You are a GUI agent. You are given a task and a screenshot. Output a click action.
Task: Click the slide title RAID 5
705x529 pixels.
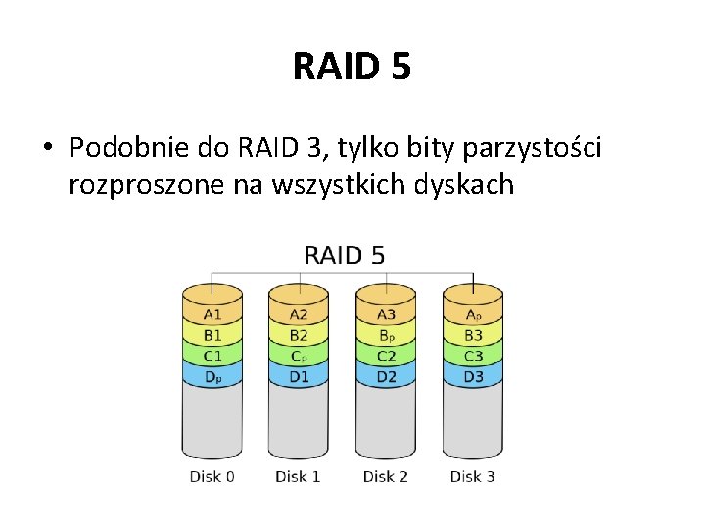pos(352,67)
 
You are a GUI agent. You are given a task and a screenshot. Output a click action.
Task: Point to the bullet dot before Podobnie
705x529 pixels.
pos(48,149)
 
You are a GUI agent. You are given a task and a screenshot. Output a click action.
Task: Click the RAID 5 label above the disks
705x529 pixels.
pos(345,256)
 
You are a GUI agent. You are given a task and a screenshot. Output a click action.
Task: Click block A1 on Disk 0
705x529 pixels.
pos(212,314)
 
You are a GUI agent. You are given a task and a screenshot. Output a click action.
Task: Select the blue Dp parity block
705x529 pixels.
pos(212,376)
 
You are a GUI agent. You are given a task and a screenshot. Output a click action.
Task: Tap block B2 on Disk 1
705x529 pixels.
pos(299,335)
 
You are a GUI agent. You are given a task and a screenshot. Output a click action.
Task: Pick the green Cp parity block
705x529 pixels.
pos(299,356)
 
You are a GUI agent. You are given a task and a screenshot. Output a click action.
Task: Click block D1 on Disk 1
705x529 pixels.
pos(299,376)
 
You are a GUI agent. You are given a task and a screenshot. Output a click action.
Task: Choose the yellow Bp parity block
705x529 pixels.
pos(386,335)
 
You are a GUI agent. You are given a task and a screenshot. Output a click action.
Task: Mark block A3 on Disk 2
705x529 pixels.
pos(386,314)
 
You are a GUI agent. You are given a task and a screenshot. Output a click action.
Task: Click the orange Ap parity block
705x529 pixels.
pos(473,314)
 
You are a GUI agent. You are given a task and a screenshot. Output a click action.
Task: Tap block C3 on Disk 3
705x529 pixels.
pos(473,356)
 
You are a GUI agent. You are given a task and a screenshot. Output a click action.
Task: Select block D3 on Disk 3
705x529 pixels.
pos(473,376)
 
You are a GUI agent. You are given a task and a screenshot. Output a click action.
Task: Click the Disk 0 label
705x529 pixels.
pos(212,477)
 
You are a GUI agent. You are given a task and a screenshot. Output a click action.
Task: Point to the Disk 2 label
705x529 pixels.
pos(386,477)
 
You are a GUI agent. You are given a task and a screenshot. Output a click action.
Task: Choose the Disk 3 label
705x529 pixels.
pos(473,477)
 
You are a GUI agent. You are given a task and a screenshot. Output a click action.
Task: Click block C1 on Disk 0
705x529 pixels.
pos(212,356)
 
